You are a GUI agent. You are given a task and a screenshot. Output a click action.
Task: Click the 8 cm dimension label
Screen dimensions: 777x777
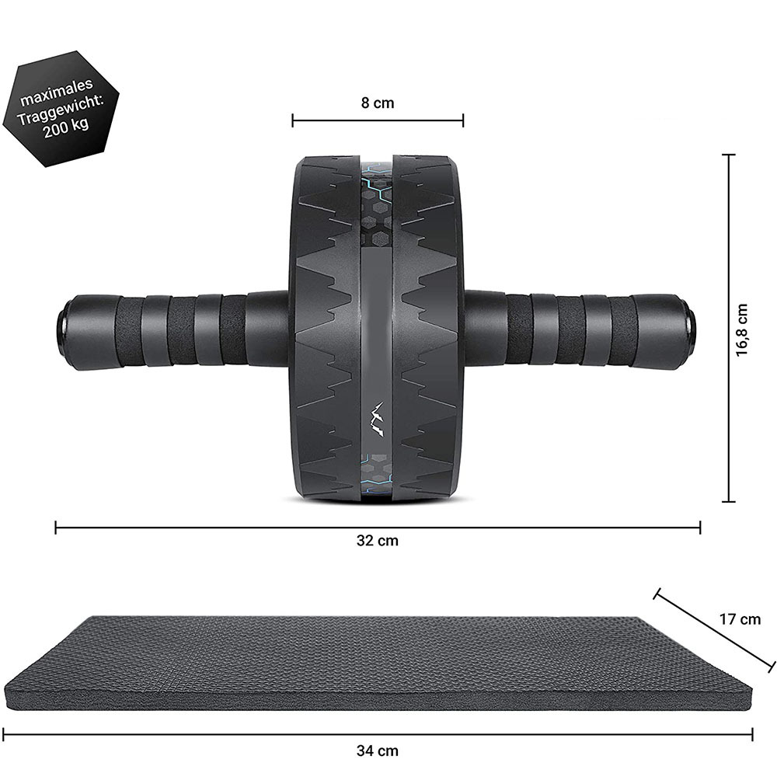(378, 103)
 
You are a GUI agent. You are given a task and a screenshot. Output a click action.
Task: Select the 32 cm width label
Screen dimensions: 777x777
(378, 541)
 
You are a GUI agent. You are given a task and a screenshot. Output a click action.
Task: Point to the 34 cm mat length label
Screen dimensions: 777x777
(378, 751)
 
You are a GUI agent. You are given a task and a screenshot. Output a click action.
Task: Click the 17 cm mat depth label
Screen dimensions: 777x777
(739, 619)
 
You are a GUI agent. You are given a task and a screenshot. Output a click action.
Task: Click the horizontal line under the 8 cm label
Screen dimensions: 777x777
(378, 120)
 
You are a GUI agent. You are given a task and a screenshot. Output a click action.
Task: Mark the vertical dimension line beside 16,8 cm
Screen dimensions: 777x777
(729, 328)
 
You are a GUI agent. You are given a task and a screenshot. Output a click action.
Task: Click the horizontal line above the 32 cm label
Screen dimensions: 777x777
(378, 528)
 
